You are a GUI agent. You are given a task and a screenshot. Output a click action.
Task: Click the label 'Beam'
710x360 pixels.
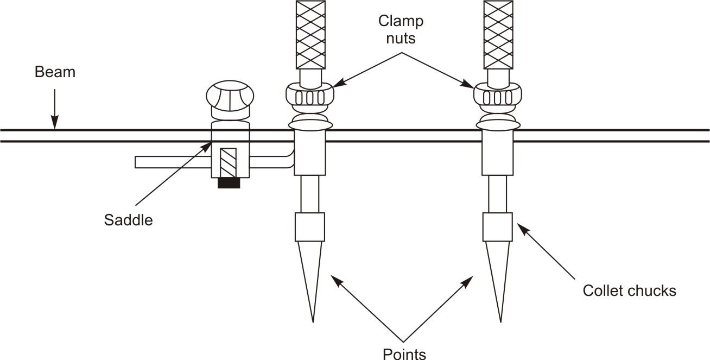tap(55, 72)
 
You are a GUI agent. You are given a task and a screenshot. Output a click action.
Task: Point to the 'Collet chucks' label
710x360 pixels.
tap(629, 290)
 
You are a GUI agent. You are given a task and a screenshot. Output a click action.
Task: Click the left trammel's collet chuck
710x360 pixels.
tap(309, 227)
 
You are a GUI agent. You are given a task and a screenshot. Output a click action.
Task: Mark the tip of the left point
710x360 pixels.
tap(313, 320)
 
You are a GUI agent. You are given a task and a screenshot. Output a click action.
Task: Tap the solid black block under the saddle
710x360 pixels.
tap(229, 183)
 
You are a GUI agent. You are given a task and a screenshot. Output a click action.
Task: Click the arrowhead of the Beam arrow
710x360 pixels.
tap(54, 127)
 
